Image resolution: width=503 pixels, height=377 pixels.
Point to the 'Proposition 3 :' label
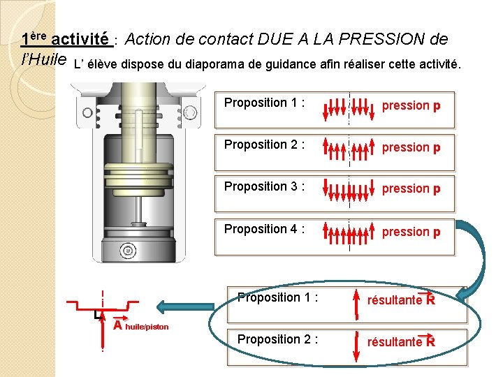click(264, 186)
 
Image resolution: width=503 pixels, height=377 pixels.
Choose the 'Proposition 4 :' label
click(264, 229)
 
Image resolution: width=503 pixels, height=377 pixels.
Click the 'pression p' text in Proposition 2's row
click(411, 147)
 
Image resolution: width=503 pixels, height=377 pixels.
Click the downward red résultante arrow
click(357, 346)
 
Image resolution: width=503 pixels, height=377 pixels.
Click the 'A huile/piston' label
click(140, 325)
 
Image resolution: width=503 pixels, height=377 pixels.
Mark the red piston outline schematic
click(103, 306)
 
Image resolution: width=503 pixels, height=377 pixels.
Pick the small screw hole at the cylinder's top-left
click(87, 111)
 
